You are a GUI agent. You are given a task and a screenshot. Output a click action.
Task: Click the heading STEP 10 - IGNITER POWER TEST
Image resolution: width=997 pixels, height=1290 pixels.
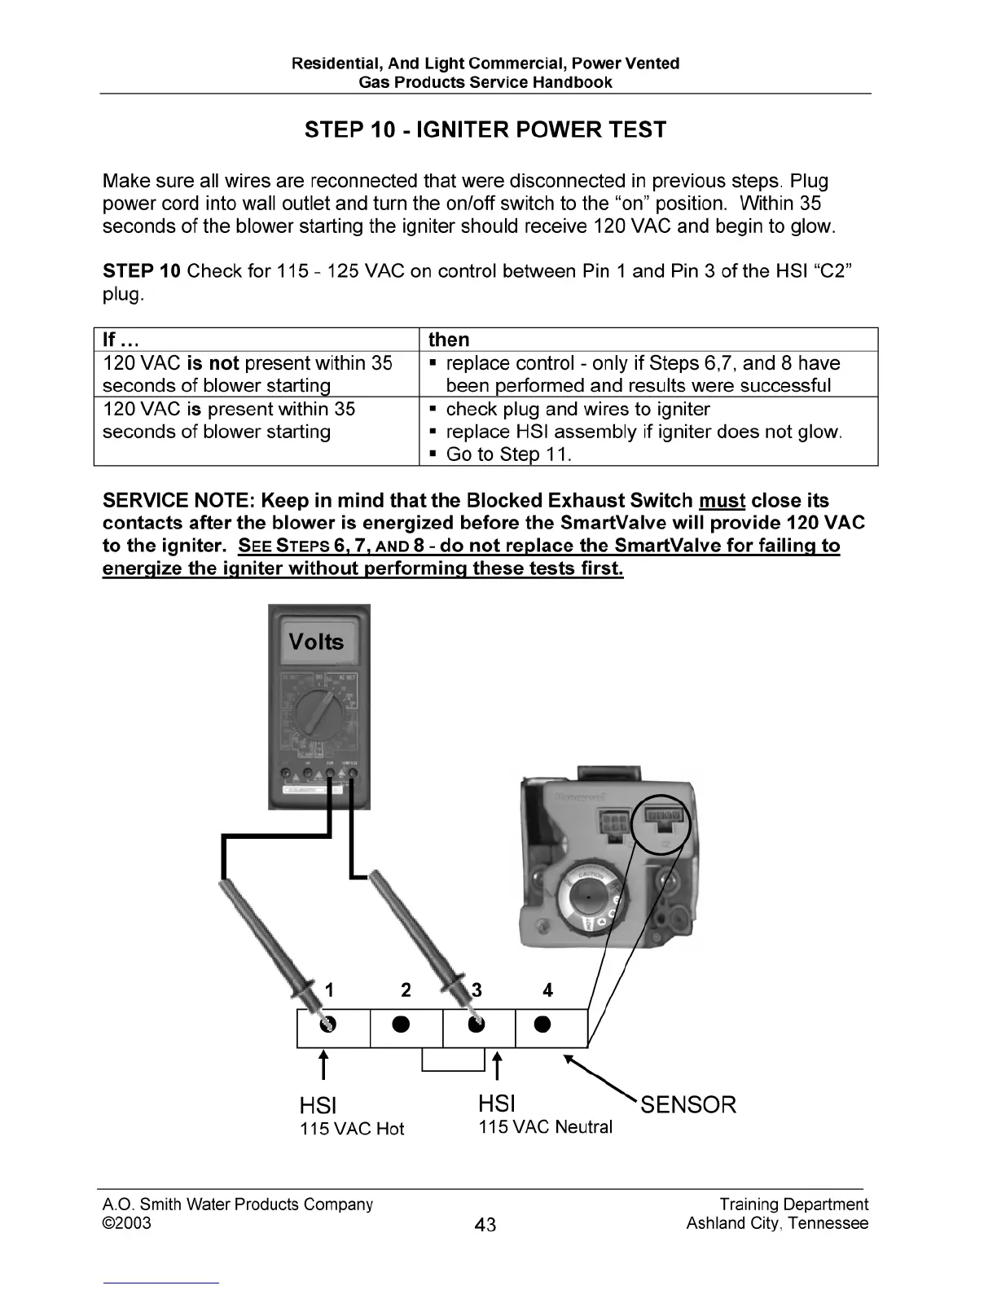click(x=485, y=130)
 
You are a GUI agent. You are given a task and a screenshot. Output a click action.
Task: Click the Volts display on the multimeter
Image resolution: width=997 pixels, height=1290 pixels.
click(x=317, y=642)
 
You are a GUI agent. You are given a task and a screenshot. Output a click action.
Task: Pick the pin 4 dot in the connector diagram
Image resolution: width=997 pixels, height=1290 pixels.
click(x=543, y=1024)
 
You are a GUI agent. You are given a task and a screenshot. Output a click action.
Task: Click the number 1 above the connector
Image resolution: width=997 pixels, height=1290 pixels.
click(x=329, y=990)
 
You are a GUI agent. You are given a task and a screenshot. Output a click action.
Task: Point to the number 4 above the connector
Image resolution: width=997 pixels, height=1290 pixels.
click(x=547, y=990)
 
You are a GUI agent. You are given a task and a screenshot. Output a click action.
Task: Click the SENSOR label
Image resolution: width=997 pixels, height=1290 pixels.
click(x=688, y=1105)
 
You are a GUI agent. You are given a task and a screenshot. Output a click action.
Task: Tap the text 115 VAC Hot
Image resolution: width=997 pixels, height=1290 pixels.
click(x=352, y=1129)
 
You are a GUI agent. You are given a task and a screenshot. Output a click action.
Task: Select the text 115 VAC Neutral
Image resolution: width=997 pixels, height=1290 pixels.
click(x=545, y=1127)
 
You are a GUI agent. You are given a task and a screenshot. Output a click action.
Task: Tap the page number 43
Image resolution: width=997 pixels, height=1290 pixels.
click(x=485, y=1225)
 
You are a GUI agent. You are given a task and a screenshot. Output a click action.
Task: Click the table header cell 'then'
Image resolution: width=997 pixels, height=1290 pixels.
click(x=449, y=340)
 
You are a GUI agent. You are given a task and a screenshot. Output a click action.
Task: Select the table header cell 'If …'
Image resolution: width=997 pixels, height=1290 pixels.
click(x=121, y=340)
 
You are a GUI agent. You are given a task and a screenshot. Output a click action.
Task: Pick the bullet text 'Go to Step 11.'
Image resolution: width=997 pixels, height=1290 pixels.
click(x=508, y=454)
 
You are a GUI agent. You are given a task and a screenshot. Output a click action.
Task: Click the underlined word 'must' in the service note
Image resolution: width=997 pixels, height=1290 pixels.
click(x=722, y=500)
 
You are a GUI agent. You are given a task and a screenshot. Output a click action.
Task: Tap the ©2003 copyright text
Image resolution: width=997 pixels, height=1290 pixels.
click(x=127, y=1223)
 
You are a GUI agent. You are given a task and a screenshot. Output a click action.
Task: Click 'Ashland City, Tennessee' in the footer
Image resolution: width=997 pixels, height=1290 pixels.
click(x=777, y=1223)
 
